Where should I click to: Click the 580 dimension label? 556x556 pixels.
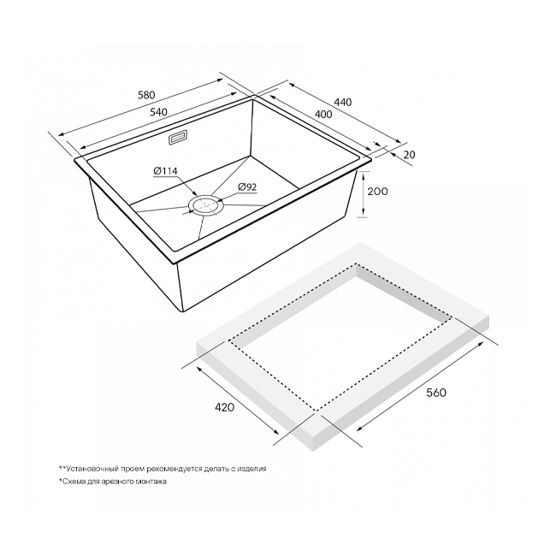point(146,95)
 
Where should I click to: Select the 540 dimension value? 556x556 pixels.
point(158,112)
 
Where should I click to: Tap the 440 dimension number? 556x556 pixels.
point(343,102)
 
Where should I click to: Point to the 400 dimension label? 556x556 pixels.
point(323,114)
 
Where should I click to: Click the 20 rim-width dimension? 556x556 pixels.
point(409,155)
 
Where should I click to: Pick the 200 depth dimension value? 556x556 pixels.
point(377,192)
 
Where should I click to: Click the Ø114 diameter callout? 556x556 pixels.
point(166,171)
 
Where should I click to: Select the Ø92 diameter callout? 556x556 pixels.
point(247,186)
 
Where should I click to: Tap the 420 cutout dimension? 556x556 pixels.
point(224,407)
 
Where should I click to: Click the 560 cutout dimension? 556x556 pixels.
point(436,393)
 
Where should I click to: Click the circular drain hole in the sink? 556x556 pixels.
point(206,205)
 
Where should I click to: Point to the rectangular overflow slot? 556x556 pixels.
point(178,137)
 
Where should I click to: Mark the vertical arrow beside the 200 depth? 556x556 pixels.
point(363,194)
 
